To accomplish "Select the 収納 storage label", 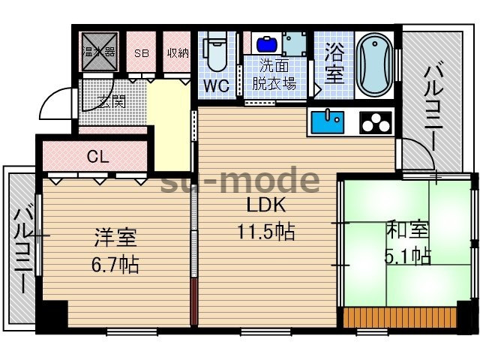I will [178, 52].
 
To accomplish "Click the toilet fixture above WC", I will [217, 50].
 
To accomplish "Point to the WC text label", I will [217, 85].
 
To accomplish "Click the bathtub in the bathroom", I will [372, 64].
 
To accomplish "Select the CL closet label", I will [97, 157].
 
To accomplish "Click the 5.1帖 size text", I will [409, 255].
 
